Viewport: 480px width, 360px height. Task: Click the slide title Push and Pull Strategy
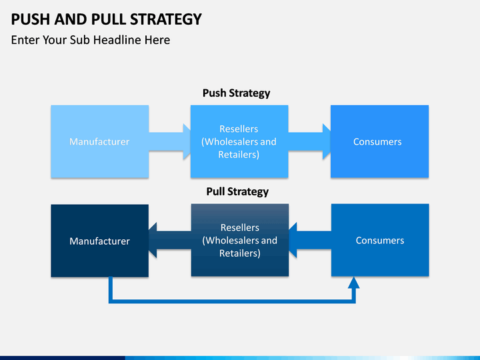(106, 19)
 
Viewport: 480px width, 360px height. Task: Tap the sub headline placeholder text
(91, 40)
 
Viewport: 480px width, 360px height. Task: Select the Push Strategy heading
(236, 93)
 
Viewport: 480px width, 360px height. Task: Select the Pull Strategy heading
(237, 191)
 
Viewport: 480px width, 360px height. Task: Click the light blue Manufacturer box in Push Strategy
(100, 141)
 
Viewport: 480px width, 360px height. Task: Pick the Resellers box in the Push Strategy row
(239, 141)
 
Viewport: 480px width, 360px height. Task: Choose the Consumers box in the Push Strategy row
(379, 141)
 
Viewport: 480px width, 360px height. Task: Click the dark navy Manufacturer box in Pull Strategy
(100, 241)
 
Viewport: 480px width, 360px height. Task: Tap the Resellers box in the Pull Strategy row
(240, 240)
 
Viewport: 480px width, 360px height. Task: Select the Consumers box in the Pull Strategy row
(380, 240)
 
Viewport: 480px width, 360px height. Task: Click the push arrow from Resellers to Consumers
(309, 141)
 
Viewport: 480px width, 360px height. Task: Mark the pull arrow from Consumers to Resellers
(310, 240)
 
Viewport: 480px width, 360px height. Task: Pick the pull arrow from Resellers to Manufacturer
(170, 240)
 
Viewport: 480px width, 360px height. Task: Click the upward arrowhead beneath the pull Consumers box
(354, 283)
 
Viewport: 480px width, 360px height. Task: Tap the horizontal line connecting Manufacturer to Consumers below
(232, 301)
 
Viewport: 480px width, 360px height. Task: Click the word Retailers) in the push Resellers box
(239, 155)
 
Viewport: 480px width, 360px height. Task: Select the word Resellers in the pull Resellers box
(240, 227)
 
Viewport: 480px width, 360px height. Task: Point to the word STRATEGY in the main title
(165, 19)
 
